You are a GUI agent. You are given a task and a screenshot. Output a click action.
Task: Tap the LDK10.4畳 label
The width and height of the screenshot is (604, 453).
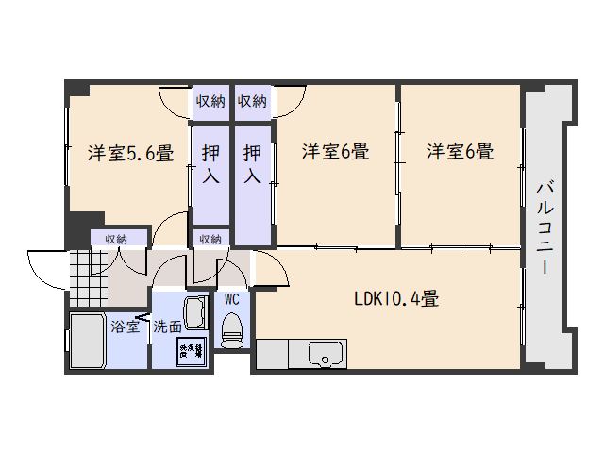point(395,299)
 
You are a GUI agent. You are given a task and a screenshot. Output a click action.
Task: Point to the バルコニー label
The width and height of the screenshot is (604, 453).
point(545,226)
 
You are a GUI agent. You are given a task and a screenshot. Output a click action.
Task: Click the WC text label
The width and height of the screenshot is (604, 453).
point(231,299)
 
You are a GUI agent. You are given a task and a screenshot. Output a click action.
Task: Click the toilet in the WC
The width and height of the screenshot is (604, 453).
point(231,329)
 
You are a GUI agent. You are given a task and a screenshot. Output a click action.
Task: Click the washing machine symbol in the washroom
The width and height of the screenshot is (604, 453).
point(192,351)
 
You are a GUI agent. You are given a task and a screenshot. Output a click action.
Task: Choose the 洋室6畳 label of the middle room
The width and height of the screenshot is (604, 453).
point(335,151)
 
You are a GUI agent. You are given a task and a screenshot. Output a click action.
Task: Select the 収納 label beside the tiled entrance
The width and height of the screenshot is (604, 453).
point(116,239)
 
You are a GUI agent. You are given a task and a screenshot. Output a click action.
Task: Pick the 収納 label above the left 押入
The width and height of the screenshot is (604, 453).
point(210,101)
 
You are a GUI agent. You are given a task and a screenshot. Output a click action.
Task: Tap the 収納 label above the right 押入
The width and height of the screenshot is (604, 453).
point(252,101)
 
